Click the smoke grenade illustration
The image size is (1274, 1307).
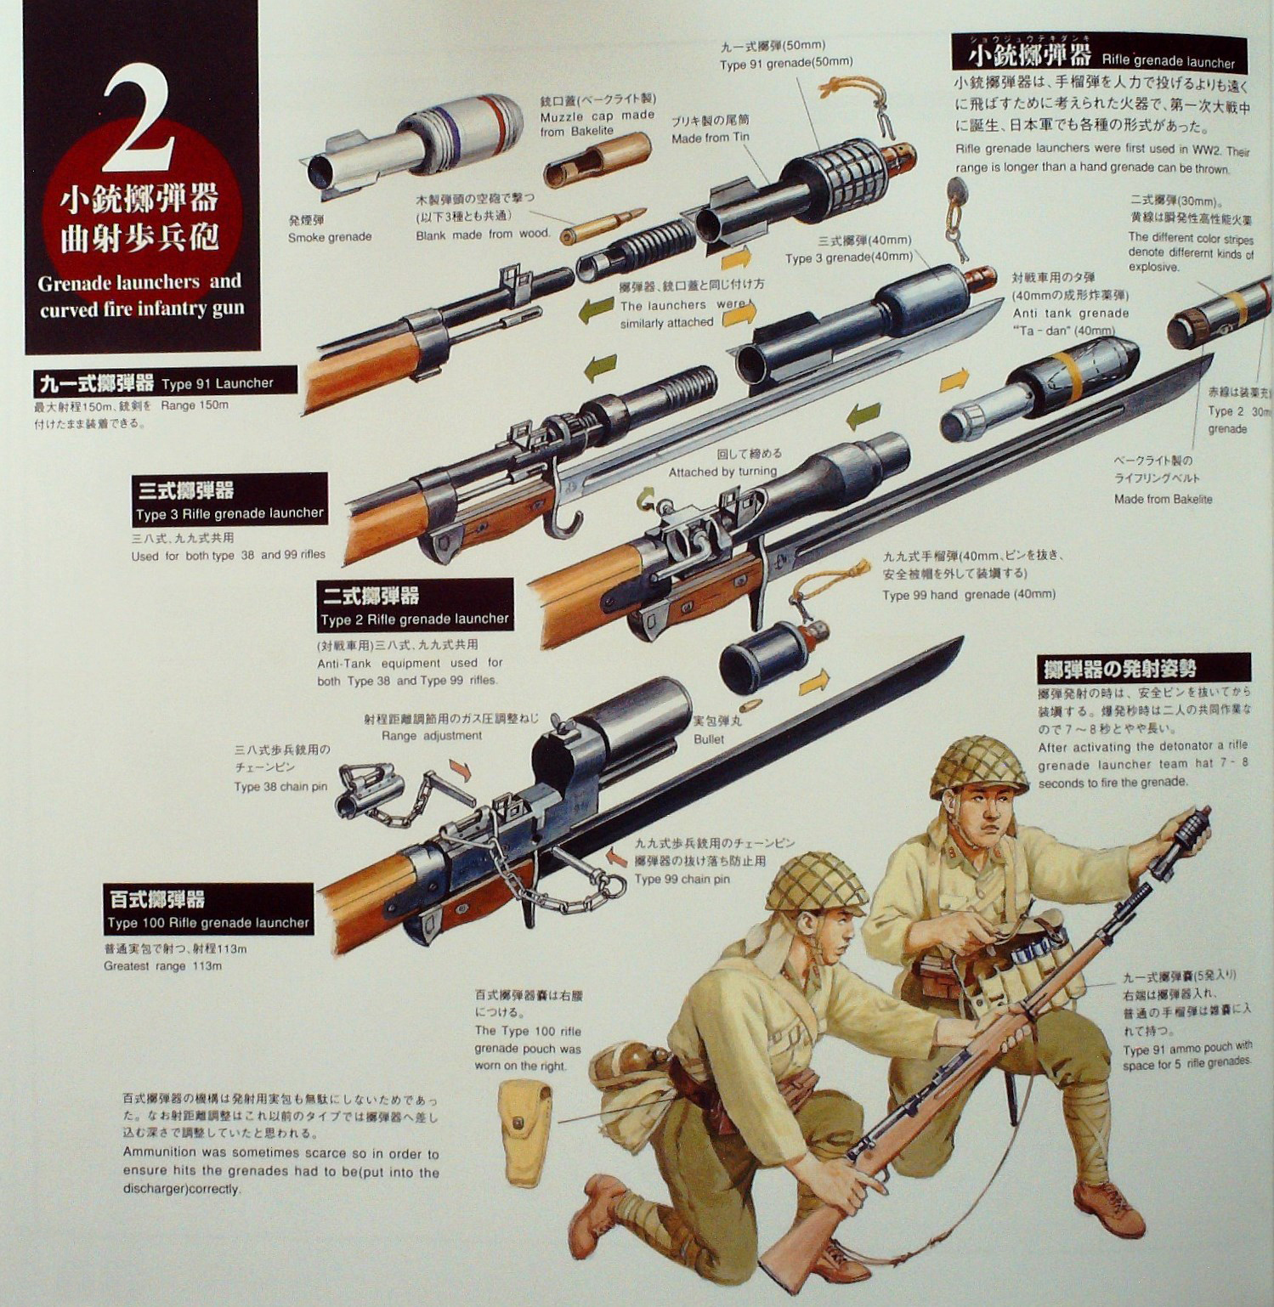click(416, 141)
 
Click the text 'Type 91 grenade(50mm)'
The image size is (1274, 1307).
click(786, 63)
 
